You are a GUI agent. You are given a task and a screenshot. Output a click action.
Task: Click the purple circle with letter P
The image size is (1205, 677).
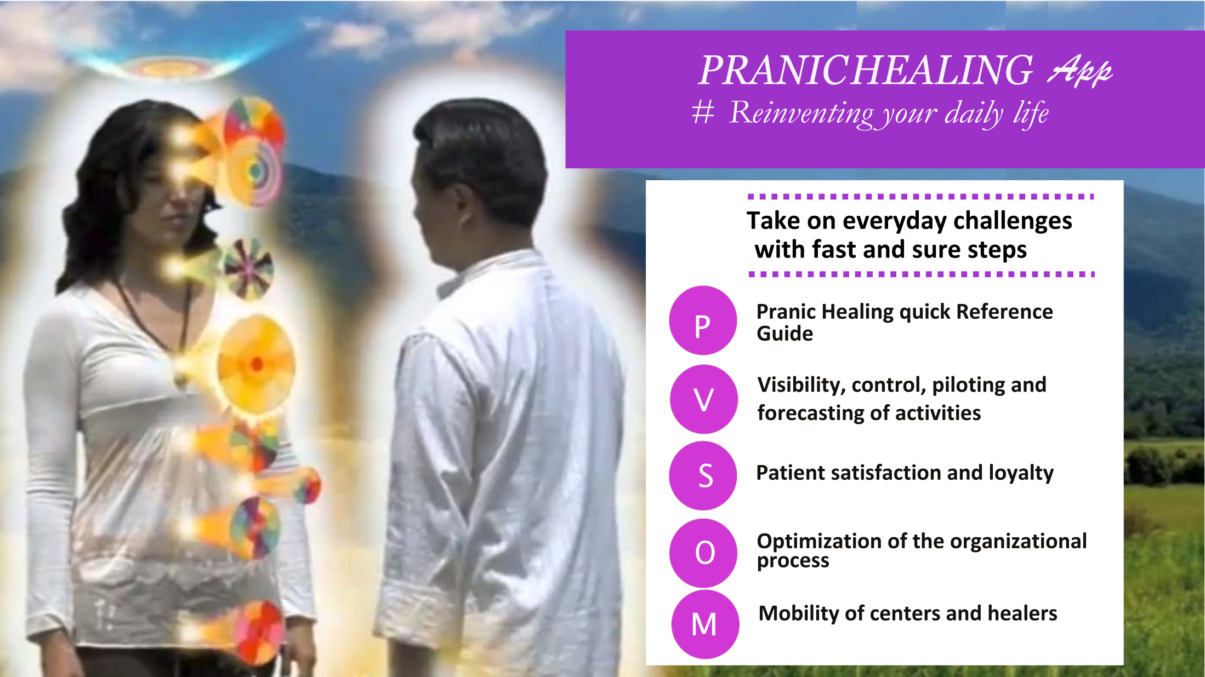[x=703, y=320]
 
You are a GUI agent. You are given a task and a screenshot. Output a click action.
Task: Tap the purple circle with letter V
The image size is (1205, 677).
[x=703, y=399]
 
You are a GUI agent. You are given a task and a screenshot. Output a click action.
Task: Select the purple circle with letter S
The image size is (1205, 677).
[x=703, y=475]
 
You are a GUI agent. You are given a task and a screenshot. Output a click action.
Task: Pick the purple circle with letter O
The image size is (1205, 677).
[x=704, y=553]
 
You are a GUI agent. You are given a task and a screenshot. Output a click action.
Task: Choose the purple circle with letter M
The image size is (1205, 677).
[x=705, y=624]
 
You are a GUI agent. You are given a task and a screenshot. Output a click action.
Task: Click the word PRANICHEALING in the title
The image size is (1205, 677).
[x=866, y=70]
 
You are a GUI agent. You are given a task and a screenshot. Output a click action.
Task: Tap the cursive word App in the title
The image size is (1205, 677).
[x=1080, y=71]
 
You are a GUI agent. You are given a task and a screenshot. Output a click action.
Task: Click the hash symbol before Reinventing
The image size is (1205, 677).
[x=703, y=112]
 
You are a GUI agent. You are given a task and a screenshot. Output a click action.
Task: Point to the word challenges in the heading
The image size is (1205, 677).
[x=1013, y=221]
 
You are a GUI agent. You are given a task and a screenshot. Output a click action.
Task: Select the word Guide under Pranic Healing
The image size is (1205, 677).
[x=785, y=334]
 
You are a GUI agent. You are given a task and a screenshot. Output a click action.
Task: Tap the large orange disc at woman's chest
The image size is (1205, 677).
[x=255, y=364]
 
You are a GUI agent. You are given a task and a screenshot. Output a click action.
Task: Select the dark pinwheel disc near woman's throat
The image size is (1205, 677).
[x=248, y=268]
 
